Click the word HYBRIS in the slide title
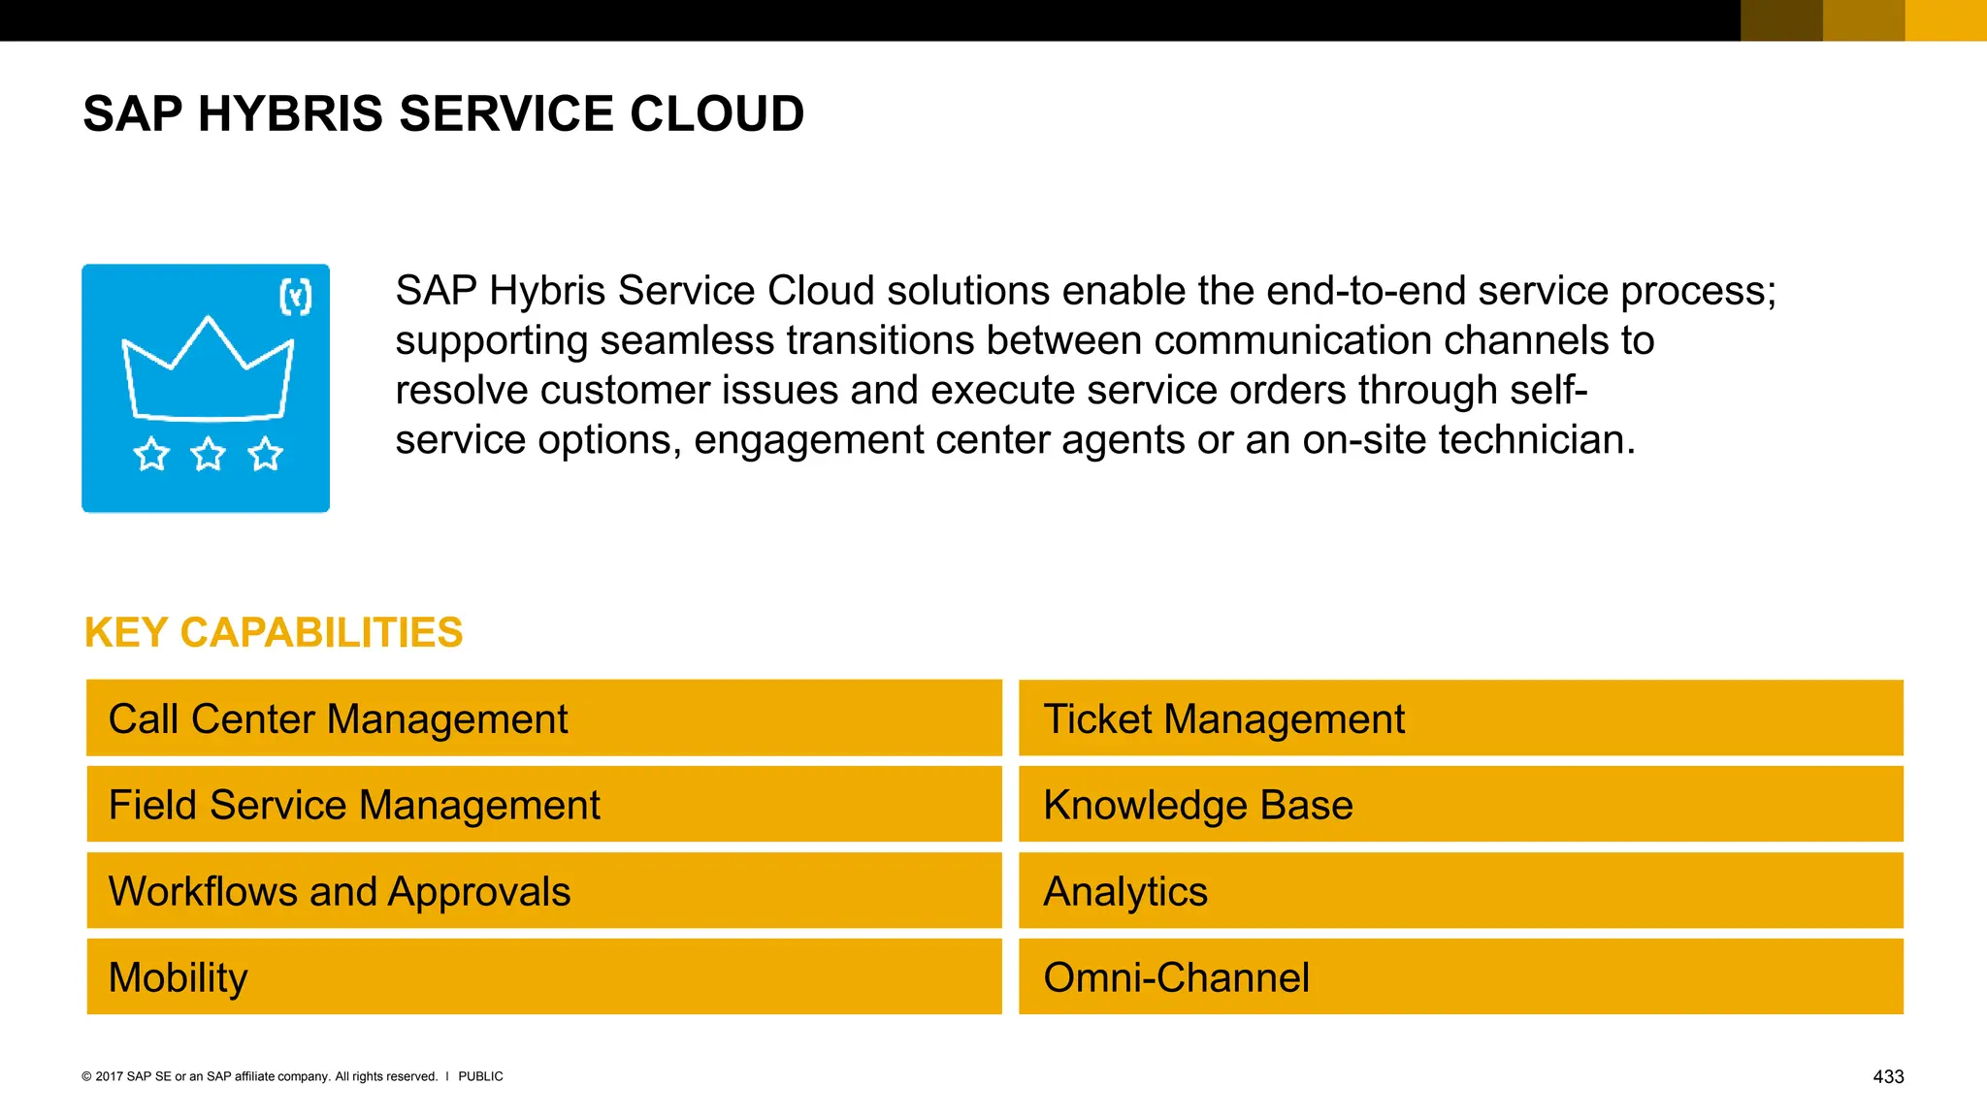(290, 114)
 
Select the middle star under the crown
(208, 454)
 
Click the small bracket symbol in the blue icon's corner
(296, 297)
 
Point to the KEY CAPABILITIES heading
(274, 632)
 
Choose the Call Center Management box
(543, 718)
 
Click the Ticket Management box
(1460, 718)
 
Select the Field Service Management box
(543, 805)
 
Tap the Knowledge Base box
(1460, 805)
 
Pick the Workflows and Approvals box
(543, 891)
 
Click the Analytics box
(1460, 891)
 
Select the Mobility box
(543, 977)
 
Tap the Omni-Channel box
(1460, 977)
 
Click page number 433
(1887, 1076)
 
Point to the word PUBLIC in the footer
(480, 1076)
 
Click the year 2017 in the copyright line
(109, 1076)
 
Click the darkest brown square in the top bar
(1781, 20)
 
